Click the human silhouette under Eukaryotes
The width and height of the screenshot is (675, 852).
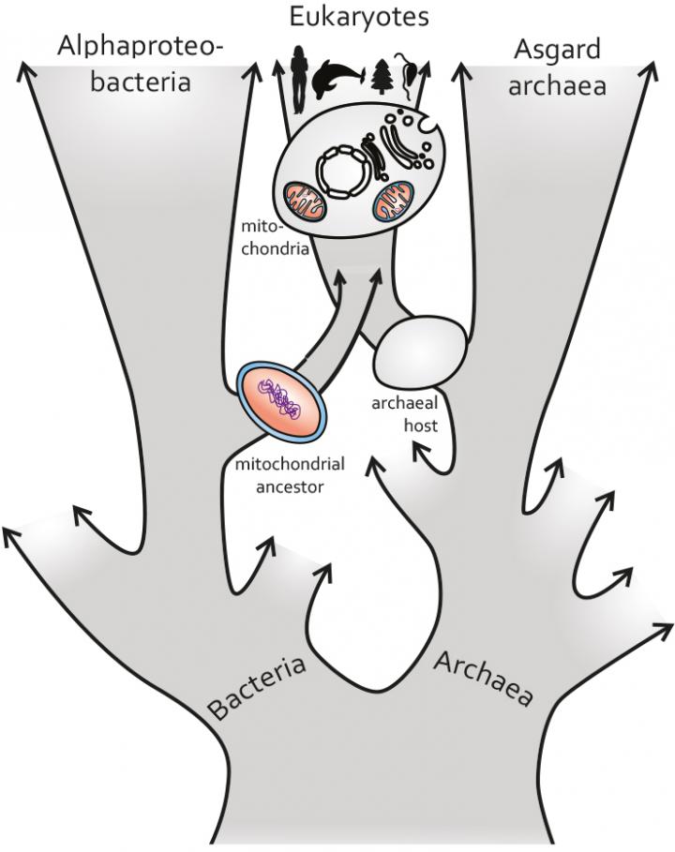tap(298, 79)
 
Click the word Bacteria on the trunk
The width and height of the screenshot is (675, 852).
tap(258, 688)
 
